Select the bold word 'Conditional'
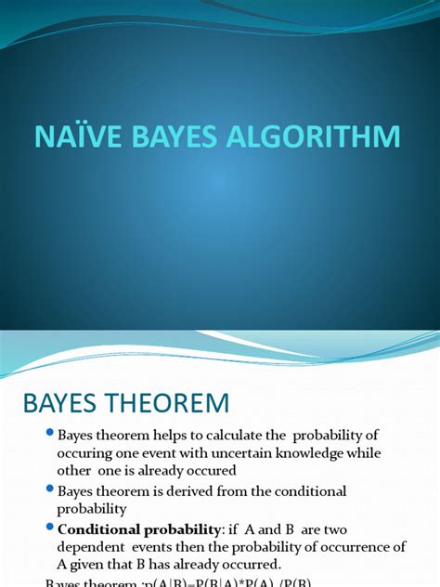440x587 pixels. click(x=97, y=528)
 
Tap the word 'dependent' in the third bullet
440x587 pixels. click(x=89, y=546)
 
